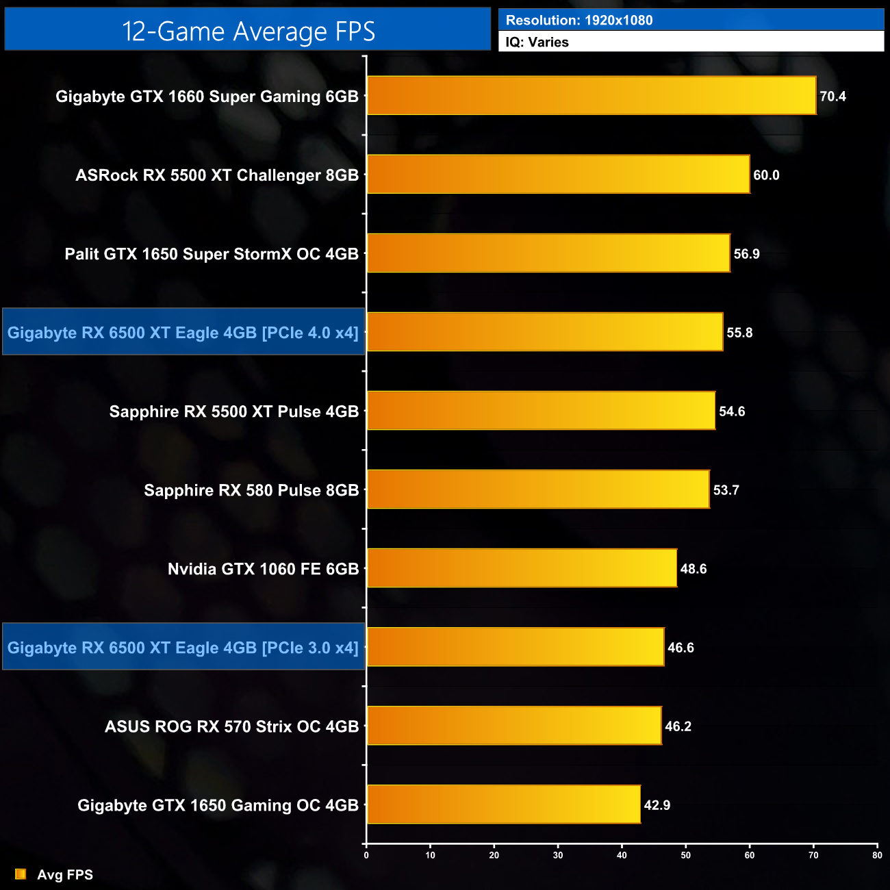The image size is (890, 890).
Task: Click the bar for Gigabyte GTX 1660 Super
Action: [592, 96]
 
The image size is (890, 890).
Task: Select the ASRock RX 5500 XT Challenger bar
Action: [558, 175]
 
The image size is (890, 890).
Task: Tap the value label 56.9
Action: [746, 254]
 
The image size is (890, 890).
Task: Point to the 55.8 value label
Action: [739, 333]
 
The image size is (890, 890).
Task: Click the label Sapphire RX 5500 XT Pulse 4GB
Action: [234, 411]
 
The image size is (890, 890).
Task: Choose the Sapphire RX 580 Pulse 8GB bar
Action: [538, 489]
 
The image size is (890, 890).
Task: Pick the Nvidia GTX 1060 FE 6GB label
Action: [264, 569]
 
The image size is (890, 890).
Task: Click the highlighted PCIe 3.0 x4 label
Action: [183, 648]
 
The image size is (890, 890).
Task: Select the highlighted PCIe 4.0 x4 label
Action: [183, 333]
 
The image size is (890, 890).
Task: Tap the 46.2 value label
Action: [678, 726]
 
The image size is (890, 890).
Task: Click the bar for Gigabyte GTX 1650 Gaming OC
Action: [504, 804]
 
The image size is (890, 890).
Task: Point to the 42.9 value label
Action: [657, 805]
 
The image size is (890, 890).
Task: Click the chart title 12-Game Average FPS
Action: [248, 31]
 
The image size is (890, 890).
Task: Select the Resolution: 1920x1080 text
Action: [579, 21]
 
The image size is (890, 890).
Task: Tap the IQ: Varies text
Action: [537, 42]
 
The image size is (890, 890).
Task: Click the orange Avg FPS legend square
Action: [21, 874]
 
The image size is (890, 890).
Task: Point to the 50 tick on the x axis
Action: [685, 855]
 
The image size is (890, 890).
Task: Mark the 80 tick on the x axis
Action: [877, 855]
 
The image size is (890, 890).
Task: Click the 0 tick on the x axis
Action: [366, 855]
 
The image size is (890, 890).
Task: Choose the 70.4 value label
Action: [832, 97]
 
